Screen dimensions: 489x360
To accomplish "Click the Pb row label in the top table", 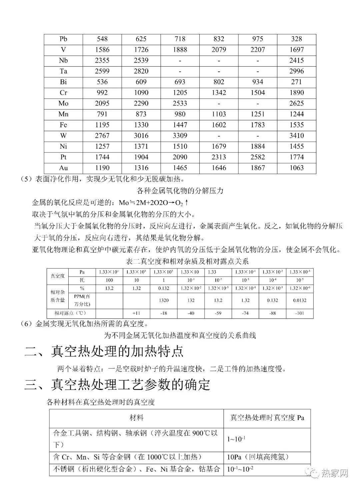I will point(63,39).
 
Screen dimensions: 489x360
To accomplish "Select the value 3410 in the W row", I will point(296,135).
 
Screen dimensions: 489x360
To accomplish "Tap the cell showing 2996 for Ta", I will point(296,71).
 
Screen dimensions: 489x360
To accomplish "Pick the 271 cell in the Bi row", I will point(296,82).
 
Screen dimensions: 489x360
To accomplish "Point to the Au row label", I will point(63,168).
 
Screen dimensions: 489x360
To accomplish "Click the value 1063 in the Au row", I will point(296,168).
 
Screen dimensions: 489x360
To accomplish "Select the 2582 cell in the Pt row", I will point(258,157).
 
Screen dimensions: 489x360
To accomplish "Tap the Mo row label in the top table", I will point(63,103).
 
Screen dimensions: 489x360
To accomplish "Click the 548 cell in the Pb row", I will point(102,39).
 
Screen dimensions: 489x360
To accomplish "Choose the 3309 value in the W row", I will point(180,135).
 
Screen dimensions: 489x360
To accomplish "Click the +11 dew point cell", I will point(136,313).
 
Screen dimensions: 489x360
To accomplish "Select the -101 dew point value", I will point(300,313).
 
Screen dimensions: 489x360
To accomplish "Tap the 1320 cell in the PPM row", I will point(164,300).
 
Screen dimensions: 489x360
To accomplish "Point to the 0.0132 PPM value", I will point(300,300).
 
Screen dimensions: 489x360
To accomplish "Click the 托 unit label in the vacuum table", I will point(82,280).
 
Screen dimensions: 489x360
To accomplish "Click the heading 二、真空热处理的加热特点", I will point(104,352).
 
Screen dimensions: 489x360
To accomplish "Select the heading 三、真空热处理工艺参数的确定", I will point(117,385).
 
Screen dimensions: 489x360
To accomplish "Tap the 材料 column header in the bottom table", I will point(137,418).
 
